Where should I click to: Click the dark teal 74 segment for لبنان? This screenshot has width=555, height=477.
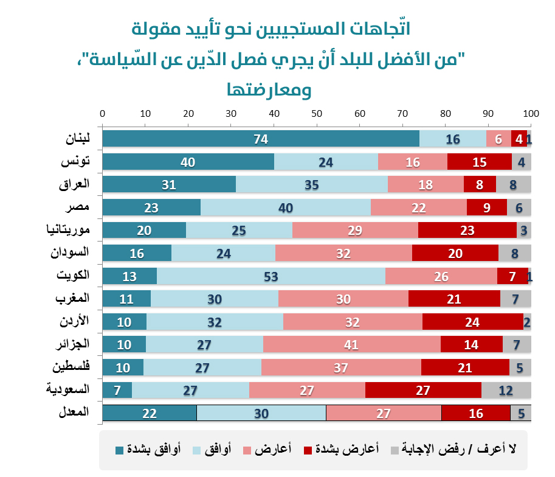[x=261, y=139]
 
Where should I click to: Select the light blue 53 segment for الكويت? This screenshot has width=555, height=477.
[x=271, y=276]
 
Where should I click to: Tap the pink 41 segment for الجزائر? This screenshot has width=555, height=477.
[x=351, y=345]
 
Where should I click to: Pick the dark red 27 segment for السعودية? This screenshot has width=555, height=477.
[x=423, y=391]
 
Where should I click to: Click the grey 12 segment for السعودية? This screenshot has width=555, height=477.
[x=506, y=391]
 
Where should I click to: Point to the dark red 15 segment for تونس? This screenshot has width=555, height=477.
[x=480, y=162]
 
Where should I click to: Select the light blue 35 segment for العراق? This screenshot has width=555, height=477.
[x=311, y=184]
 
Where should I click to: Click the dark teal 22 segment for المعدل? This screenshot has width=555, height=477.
[x=150, y=414]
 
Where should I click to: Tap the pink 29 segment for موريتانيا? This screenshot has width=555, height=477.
[x=355, y=231]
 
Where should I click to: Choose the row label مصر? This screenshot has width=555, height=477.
[x=78, y=207]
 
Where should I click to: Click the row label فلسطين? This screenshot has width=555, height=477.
[x=71, y=366]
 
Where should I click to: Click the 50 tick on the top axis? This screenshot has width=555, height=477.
[x=317, y=114]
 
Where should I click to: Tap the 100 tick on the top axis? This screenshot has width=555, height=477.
[x=531, y=114]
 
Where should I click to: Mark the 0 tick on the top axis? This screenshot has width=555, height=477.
[x=102, y=114]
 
